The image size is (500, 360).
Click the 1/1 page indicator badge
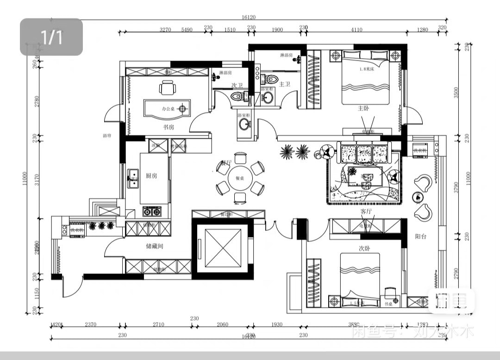[51, 37]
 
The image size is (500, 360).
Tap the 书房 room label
[168, 127]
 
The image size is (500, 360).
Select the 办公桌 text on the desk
[167, 109]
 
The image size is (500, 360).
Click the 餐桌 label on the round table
[239, 178]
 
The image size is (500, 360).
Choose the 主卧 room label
[363, 108]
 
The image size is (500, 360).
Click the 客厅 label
[366, 211]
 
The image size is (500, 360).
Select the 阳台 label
[420, 236]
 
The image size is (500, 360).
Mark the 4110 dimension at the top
[356, 30]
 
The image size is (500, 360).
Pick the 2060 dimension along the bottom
[222, 325]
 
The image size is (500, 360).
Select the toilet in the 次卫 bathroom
[237, 96]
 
